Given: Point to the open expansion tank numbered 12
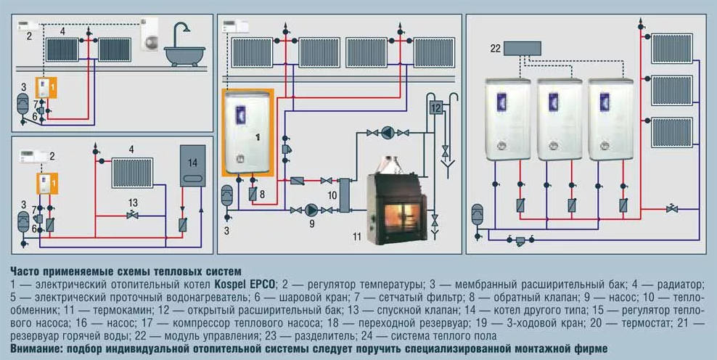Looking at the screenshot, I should point(436,108).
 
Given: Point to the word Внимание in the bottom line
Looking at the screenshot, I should point(32,348).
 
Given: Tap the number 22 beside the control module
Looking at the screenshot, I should point(495,49).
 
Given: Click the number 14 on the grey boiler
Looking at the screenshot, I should point(193,162).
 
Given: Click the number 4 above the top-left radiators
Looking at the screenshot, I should point(63,32).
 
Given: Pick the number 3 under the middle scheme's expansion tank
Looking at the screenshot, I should point(226,231).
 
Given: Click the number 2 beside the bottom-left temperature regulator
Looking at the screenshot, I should point(52,155).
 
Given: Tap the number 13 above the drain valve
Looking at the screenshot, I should point(132,202).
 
